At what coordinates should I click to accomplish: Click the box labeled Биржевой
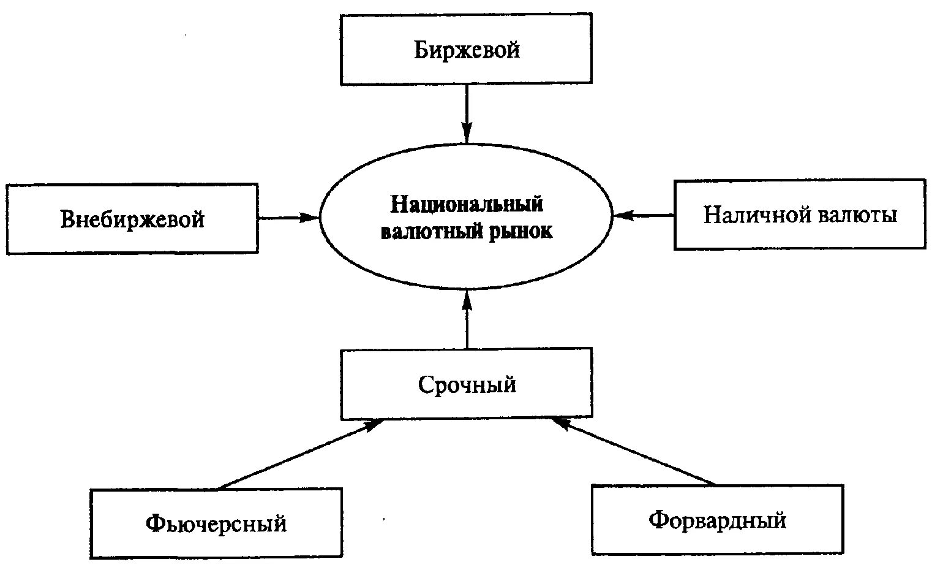coord(466,49)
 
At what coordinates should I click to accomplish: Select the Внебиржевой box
coord(132,218)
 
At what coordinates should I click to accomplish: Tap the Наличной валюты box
coord(800,215)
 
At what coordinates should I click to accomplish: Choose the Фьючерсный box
coord(216,523)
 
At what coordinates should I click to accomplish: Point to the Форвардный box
coord(717,520)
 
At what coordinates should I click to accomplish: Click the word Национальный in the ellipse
coord(467,204)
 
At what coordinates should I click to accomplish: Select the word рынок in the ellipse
coord(519,232)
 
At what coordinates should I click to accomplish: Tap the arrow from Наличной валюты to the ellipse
coord(644,215)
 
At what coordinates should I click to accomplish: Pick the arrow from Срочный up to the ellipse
coord(467,322)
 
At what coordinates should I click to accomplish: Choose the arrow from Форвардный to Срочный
coord(634,451)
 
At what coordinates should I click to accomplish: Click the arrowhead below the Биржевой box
coord(467,132)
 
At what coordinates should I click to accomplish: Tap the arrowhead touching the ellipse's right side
coord(622,215)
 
